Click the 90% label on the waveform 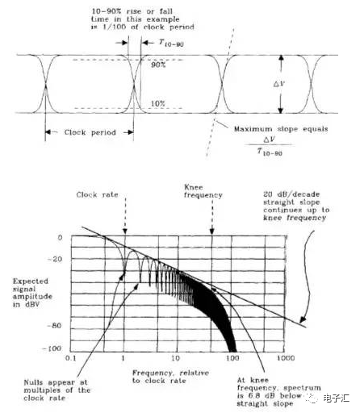click(x=158, y=65)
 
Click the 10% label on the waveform click(x=158, y=103)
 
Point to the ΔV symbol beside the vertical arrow click(x=279, y=84)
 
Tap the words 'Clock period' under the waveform click(x=90, y=132)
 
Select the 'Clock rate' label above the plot click(x=97, y=194)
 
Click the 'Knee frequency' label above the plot click(x=203, y=191)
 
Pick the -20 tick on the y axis click(x=55, y=259)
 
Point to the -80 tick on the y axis click(x=55, y=326)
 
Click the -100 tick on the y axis click(x=52, y=348)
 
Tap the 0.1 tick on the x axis click(x=70, y=358)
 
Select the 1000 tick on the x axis click(x=286, y=358)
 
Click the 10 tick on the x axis click(x=175, y=358)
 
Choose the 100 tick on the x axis click(x=232, y=358)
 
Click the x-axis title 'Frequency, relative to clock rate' click(x=170, y=377)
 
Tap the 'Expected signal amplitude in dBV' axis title click(x=32, y=293)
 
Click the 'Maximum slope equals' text click(x=281, y=129)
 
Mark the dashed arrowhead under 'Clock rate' click(x=124, y=232)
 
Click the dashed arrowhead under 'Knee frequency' click(x=212, y=232)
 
